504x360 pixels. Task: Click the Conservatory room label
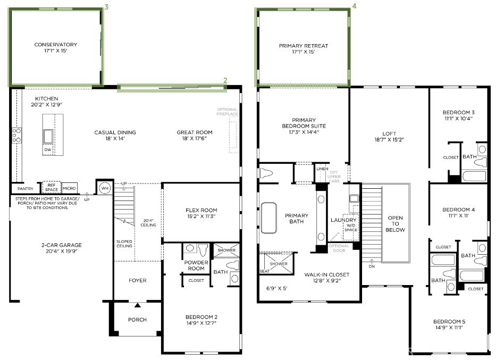click(55, 48)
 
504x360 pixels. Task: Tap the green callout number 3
click(107, 7)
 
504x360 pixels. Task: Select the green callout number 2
click(225, 80)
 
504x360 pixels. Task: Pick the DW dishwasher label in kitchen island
click(47, 150)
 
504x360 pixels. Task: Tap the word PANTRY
click(25, 188)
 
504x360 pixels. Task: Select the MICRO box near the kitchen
click(69, 188)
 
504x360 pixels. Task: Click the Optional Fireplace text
click(227, 112)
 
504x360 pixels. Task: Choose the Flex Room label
click(197, 213)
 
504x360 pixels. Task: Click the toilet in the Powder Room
click(203, 249)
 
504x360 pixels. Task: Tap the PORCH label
click(137, 320)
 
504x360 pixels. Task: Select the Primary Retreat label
click(303, 49)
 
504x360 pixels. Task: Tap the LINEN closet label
click(322, 169)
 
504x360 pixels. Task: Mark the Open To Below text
click(395, 224)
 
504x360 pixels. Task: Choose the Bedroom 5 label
click(448, 324)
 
